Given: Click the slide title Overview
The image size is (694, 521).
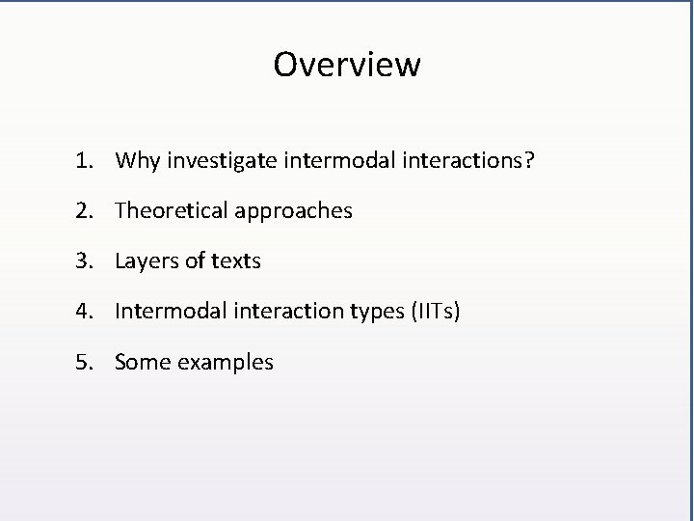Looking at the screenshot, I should tap(347, 65).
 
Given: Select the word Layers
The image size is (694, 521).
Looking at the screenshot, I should tap(146, 261).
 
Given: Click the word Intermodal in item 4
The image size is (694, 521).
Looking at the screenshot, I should tap(168, 312).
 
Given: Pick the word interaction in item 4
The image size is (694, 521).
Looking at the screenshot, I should tap(278, 312).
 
